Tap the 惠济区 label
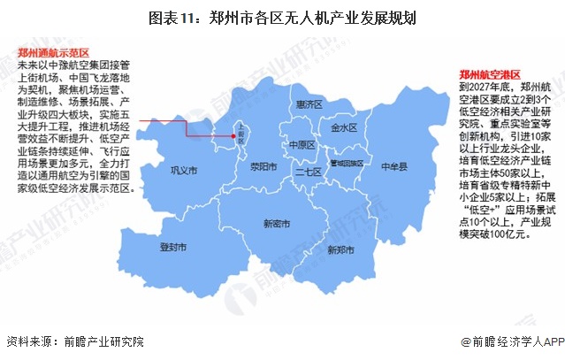point(308,104)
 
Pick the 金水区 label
point(343,127)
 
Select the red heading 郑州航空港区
point(491,74)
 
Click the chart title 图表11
point(282,17)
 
